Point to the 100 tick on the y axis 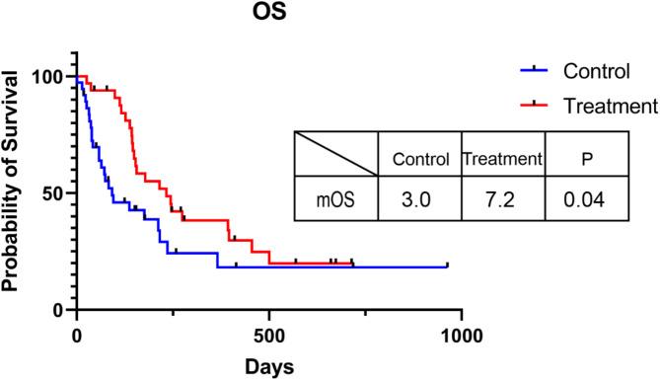tap(47, 77)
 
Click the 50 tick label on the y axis tap(51, 193)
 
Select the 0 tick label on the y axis tap(56, 310)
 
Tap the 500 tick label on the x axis tap(269, 333)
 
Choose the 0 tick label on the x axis tap(78, 333)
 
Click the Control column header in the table tap(420, 158)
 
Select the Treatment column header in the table tap(502, 158)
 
